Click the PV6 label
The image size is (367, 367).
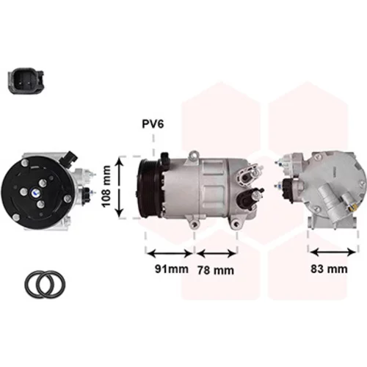(153, 124)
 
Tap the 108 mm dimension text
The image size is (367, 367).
(106, 186)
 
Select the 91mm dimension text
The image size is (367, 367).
(172, 269)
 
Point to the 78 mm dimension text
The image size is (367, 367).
(216, 270)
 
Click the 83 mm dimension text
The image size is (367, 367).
(329, 269)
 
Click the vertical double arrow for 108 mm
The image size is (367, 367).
(120, 187)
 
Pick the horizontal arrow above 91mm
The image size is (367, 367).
(170, 254)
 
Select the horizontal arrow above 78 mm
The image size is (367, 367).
(216, 254)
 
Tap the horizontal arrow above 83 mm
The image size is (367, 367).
(333, 252)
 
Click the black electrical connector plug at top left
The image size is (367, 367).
(26, 81)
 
